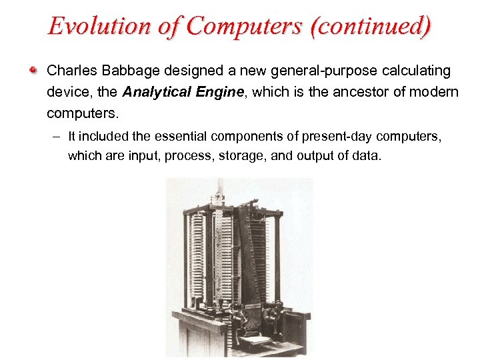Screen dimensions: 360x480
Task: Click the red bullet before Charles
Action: click(x=33, y=70)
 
